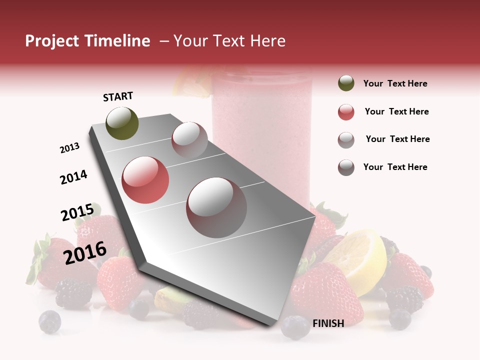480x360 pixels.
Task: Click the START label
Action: [x=118, y=96]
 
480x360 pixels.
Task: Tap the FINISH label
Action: [x=328, y=323]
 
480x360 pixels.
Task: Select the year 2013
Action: [x=69, y=148]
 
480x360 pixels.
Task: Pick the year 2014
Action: [x=73, y=177]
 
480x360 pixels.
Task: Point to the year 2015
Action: [x=77, y=212]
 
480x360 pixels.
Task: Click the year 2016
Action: [x=85, y=252]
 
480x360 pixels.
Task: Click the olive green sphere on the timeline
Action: [x=122, y=123]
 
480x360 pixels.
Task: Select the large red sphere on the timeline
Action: [x=145, y=180]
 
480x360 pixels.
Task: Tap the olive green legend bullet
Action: [x=346, y=83]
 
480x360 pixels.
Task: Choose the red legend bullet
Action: [x=346, y=112]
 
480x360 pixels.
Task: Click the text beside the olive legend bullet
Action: [x=395, y=83]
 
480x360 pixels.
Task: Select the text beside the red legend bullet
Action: [x=396, y=111]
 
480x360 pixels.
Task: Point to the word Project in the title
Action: [x=52, y=41]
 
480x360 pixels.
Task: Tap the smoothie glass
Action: [x=262, y=135]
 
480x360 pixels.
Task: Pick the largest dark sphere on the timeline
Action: [x=216, y=207]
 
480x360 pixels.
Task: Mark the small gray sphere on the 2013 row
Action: [x=189, y=139]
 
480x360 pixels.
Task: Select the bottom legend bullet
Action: [x=346, y=167]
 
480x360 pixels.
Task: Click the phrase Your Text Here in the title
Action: [x=229, y=41]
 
